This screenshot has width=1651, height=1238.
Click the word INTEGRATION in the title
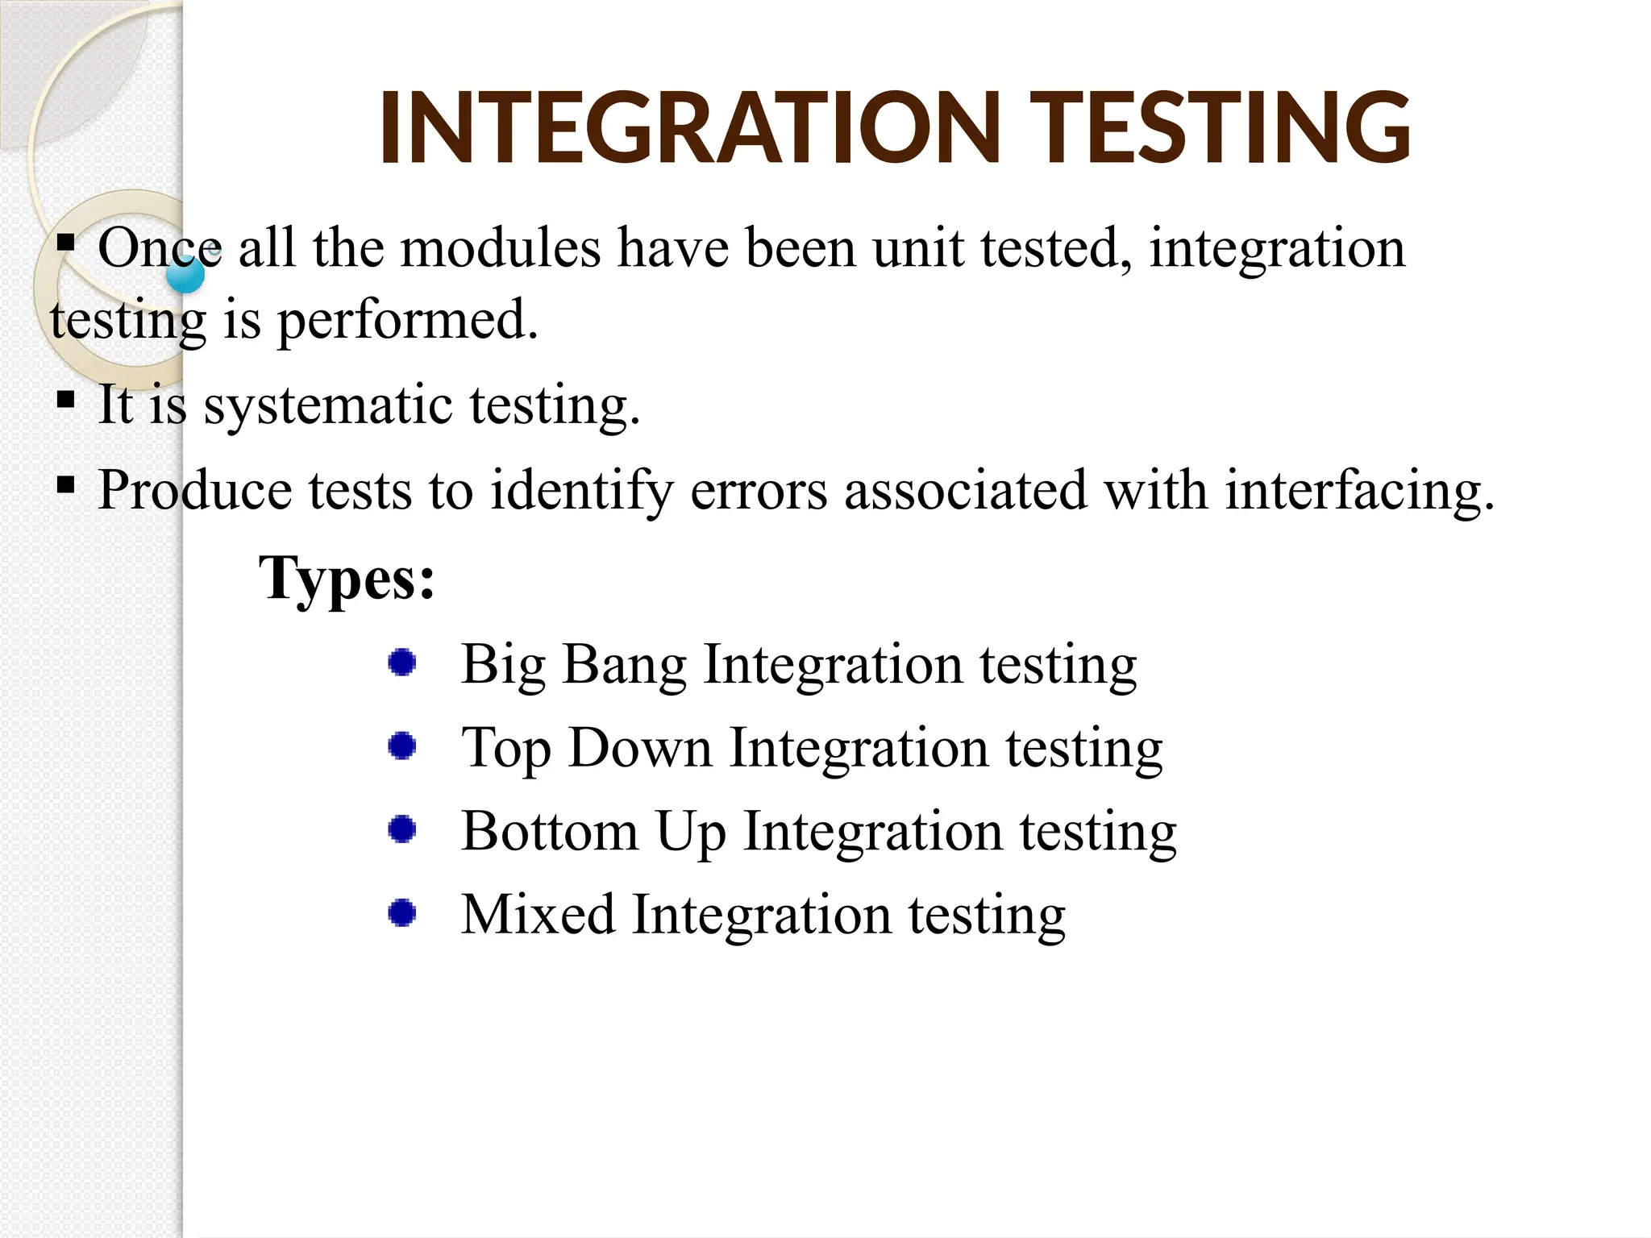[x=689, y=129]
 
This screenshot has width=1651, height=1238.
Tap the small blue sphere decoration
[x=185, y=276]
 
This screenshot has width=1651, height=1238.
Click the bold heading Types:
[x=347, y=579]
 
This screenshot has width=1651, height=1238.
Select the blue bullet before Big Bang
[x=401, y=663]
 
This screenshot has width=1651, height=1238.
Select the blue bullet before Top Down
[x=401, y=746]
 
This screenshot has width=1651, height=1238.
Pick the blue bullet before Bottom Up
[x=401, y=829]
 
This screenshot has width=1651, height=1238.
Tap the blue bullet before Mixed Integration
[x=401, y=913]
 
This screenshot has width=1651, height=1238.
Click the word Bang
[x=624, y=666]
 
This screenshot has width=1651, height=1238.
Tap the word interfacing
[x=1359, y=489]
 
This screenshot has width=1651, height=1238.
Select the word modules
[x=501, y=247]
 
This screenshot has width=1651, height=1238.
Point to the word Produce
[x=194, y=489]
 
